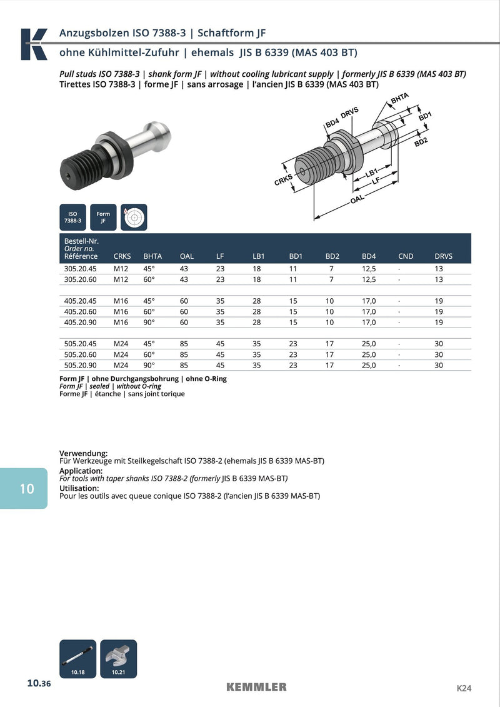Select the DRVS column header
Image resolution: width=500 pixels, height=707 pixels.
click(x=443, y=256)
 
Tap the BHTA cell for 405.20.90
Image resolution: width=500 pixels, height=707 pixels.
click(x=149, y=323)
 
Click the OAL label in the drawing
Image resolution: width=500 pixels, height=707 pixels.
click(x=357, y=199)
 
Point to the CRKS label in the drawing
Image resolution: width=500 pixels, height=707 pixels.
click(x=284, y=181)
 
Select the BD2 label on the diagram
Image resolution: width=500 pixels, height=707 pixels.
click(x=421, y=142)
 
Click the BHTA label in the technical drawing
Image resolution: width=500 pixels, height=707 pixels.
click(x=399, y=98)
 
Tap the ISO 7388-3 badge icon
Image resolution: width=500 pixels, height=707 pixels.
click(x=73, y=217)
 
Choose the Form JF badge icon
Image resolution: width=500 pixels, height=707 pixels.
click(x=103, y=217)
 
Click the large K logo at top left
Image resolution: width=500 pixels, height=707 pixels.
click(x=34, y=44)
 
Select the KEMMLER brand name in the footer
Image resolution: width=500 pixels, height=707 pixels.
click(x=256, y=687)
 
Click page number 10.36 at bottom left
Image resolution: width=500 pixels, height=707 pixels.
click(x=38, y=684)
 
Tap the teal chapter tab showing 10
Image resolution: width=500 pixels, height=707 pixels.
click(x=25, y=488)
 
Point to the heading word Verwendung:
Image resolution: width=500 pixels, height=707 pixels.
click(x=84, y=453)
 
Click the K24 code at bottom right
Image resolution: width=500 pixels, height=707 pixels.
click(x=464, y=688)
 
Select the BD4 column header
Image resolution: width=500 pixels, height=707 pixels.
click(x=369, y=256)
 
